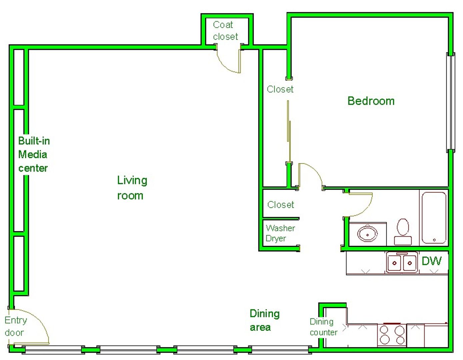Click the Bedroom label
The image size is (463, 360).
click(x=371, y=101)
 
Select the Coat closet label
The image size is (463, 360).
click(x=225, y=31)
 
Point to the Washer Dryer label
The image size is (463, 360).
click(x=280, y=233)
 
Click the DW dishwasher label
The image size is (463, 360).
click(x=432, y=261)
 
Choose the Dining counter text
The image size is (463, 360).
click(x=323, y=327)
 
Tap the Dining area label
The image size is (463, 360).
click(x=265, y=320)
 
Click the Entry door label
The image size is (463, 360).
click(x=16, y=326)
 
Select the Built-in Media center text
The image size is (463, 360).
click(x=34, y=154)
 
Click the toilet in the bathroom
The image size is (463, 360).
click(x=403, y=232)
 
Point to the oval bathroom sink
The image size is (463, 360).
click(x=367, y=234)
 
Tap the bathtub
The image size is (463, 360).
click(x=434, y=217)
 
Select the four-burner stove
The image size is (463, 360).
click(x=392, y=335)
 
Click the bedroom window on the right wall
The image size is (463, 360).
click(x=451, y=102)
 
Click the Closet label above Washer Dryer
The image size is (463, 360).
click(x=281, y=205)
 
